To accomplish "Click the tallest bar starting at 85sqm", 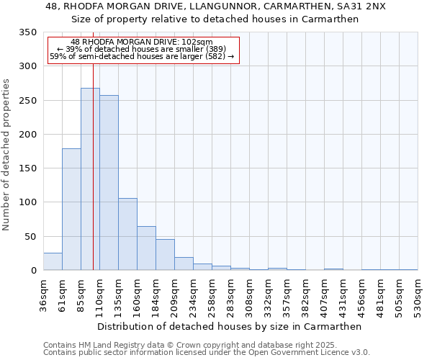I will tap(89, 180).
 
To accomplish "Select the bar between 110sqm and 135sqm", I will tap(109, 184).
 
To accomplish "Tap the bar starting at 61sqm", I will tap(71, 209).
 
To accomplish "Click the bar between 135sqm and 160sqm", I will tap(127, 234).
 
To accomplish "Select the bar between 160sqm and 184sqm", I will tap(146, 248).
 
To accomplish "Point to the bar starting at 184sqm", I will tap(165, 255).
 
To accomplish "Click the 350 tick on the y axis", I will tap(27, 32).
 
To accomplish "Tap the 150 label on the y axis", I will tap(27, 168).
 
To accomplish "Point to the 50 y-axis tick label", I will tap(30, 236).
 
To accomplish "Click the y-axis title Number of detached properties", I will tap(7, 155).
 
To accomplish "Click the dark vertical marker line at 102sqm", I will tap(93, 180).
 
